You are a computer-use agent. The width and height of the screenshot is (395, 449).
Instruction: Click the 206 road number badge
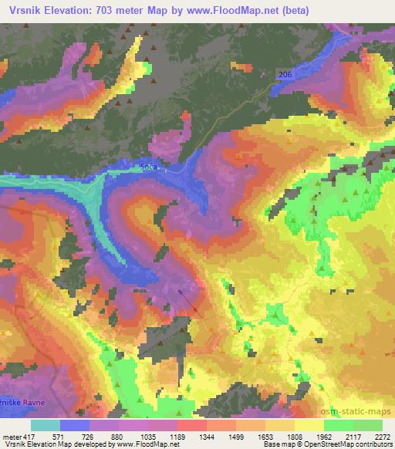coord(285,73)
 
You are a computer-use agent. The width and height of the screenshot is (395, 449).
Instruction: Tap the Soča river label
coord(149,166)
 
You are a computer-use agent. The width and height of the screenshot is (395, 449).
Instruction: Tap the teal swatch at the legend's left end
coord(45,425)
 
